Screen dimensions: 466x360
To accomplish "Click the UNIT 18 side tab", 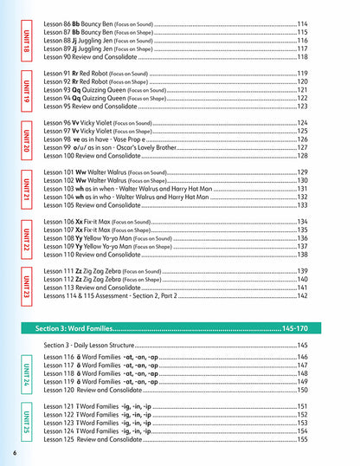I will coord(26,40).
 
